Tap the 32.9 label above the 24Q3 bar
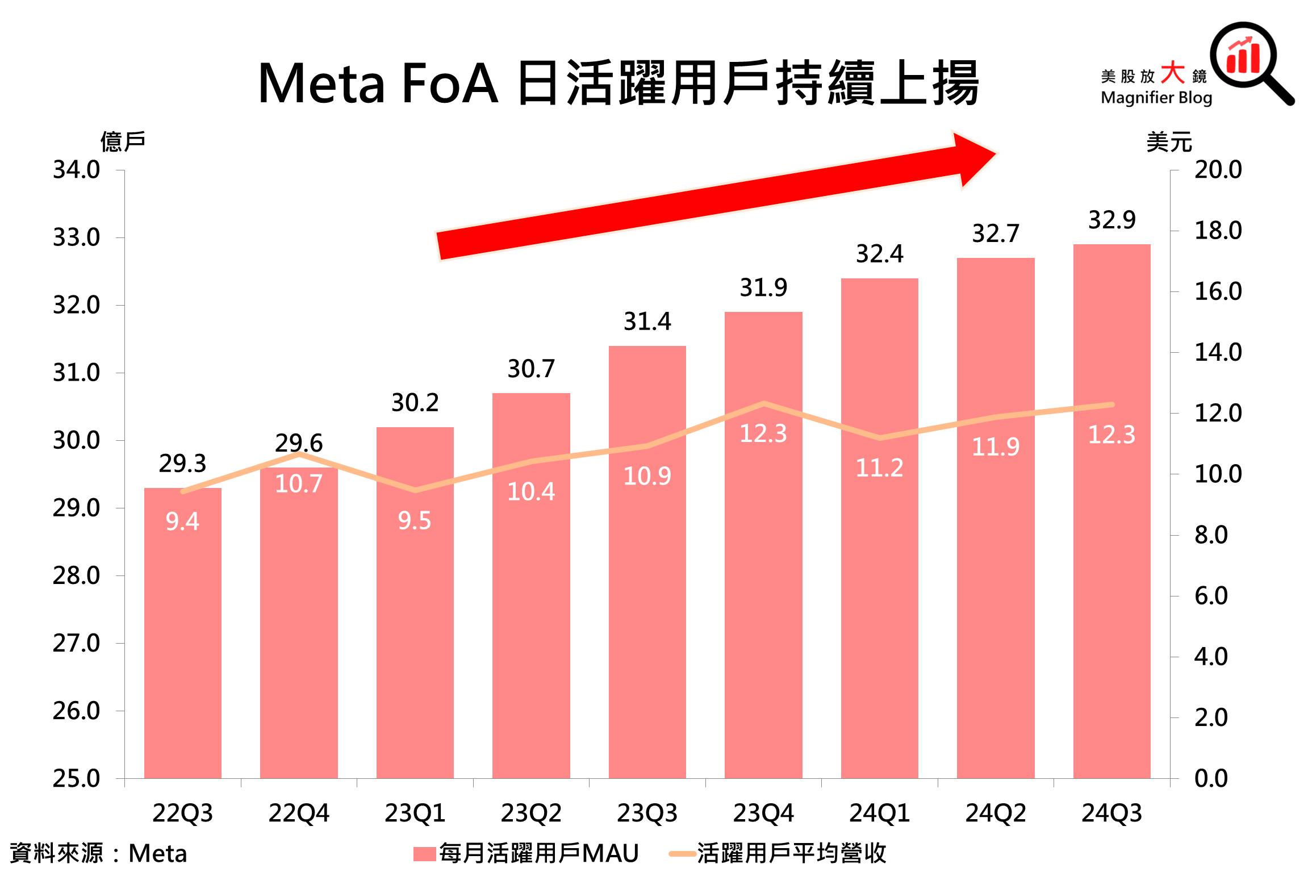[1111, 220]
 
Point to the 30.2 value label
[415, 403]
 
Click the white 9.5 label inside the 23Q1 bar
[414, 520]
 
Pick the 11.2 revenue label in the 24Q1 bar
[879, 468]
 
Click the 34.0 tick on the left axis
[76, 170]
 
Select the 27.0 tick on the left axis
[76, 643]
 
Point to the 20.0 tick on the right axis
[1218, 170]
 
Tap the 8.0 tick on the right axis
[1211, 535]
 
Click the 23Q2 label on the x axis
[531, 813]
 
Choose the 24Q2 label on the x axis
[996, 813]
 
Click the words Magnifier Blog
[1156, 98]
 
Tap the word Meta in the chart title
[321, 84]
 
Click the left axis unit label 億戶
[123, 141]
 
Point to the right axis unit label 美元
[1169, 141]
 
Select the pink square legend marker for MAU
[424, 853]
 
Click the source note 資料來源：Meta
[98, 853]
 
